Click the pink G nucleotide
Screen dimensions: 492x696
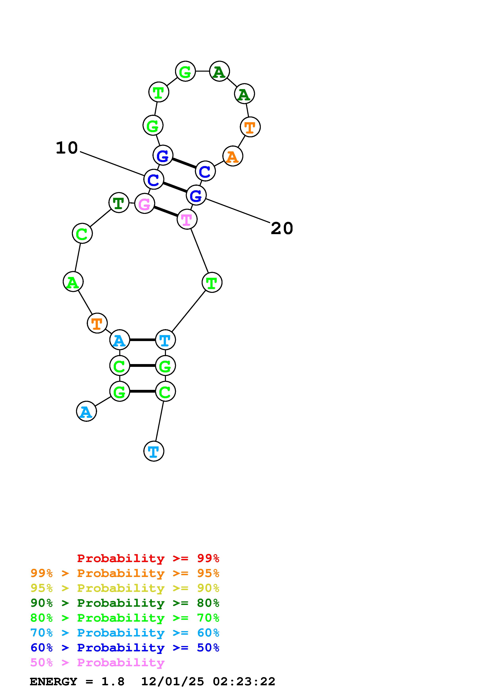pyautogui.click(x=145, y=203)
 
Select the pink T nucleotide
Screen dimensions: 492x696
pyautogui.click(x=187, y=219)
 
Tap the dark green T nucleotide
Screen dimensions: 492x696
pyautogui.click(x=119, y=203)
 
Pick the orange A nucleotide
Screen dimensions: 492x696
pyautogui.click(x=233, y=156)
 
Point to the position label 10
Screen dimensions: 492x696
pyautogui.click(x=67, y=148)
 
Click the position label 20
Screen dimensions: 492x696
pyautogui.click(x=282, y=228)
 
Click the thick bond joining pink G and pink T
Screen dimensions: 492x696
pyautogui.click(x=166, y=211)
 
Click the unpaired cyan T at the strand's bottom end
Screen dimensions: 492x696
pyautogui.click(x=154, y=451)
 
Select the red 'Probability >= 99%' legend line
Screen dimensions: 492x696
pyautogui.click(x=148, y=558)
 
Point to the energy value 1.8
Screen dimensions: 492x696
pyautogui.click(x=113, y=682)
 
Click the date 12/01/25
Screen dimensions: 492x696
pyautogui.click(x=172, y=682)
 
